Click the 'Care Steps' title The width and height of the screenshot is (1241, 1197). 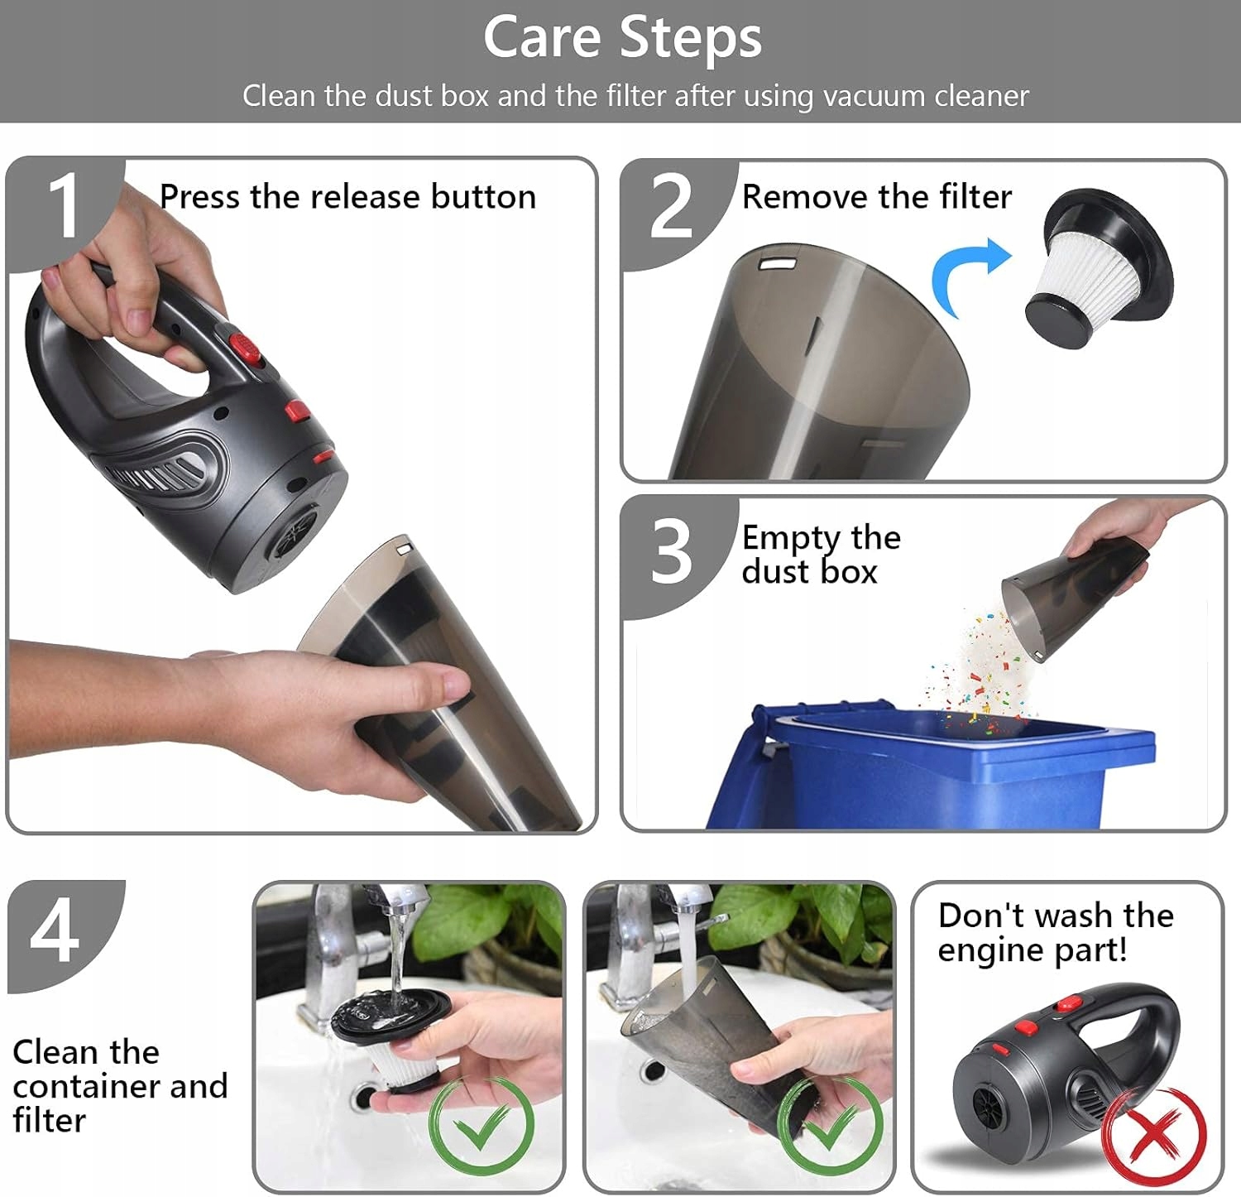622,38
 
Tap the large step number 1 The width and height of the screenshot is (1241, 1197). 64,206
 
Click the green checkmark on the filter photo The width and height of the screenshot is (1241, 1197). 482,1125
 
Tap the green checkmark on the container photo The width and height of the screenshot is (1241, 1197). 830,1125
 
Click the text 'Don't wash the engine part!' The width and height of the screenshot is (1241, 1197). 1056,933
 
